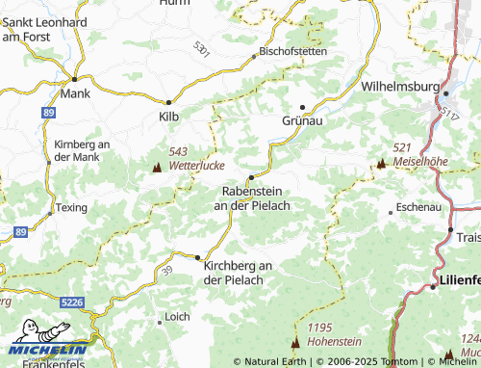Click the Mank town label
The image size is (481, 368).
click(x=74, y=94)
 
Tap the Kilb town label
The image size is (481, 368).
click(x=168, y=117)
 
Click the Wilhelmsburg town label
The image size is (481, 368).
click(x=400, y=86)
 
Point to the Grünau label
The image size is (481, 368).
click(x=302, y=121)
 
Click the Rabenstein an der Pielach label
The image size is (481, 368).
click(x=251, y=198)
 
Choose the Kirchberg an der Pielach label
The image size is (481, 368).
click(x=239, y=273)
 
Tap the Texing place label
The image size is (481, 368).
click(x=70, y=207)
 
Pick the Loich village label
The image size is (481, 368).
click(x=177, y=316)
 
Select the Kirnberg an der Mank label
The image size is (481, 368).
click(x=82, y=150)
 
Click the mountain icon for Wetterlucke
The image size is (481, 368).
click(x=157, y=167)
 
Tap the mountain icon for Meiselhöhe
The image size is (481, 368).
click(x=381, y=164)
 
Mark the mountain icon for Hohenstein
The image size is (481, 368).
click(x=295, y=342)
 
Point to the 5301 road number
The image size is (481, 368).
click(x=200, y=48)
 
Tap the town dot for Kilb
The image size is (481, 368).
click(x=168, y=101)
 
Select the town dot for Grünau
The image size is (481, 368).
click(x=302, y=107)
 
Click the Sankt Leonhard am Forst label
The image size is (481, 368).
click(x=44, y=29)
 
